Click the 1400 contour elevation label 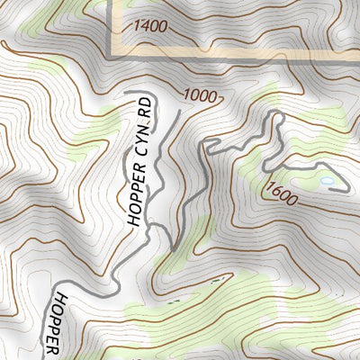click(148, 27)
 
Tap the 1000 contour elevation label click(201, 95)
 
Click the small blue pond click(327, 182)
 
